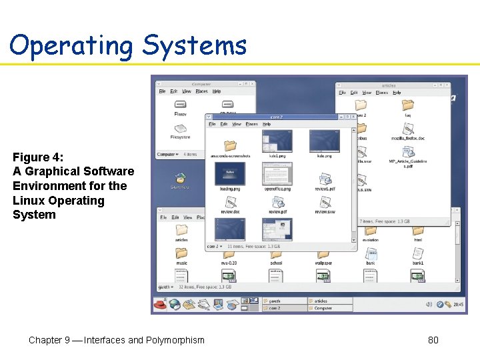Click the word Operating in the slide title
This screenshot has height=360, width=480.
coord(71,45)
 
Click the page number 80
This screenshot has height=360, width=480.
coord(433,340)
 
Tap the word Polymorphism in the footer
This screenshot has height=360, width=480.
coord(175,340)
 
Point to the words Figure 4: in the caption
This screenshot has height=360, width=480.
coord(38,157)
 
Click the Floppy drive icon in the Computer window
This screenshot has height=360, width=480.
coord(181,105)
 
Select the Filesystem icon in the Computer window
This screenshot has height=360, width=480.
coord(181,128)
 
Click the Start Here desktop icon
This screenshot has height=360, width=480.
coord(180,178)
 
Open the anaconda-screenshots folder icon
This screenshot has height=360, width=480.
coord(230,145)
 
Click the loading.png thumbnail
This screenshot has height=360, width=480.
coord(230,175)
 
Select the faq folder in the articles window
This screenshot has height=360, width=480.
coord(408,105)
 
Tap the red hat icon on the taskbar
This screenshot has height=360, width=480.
coord(160,305)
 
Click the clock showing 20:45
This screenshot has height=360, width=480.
coord(458,305)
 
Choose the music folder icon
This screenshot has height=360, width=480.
coord(181,253)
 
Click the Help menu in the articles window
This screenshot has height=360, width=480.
coord(397,93)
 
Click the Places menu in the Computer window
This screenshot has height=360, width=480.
coord(201,91)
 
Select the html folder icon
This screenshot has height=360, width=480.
coord(418,230)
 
